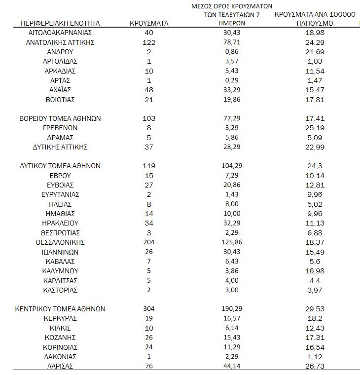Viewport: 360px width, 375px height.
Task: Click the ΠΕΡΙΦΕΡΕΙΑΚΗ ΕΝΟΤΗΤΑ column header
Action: click(60, 23)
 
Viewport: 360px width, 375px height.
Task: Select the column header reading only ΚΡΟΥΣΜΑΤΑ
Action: click(149, 23)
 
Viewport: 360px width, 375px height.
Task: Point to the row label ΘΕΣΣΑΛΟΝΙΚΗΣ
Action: click(60, 242)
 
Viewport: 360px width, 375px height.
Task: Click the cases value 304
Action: click(148, 309)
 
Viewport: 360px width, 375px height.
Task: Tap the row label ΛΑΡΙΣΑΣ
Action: click(60, 366)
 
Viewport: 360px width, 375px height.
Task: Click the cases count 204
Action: click(148, 242)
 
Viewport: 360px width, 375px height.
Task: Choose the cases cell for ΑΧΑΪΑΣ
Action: click(148, 90)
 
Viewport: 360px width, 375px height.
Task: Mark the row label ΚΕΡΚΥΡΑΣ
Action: click(60, 318)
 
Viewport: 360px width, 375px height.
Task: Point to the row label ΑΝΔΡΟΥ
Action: click(60, 52)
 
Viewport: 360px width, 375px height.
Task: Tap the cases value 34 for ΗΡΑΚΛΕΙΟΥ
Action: click(148, 223)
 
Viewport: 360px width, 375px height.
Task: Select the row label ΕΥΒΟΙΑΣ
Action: click(60, 185)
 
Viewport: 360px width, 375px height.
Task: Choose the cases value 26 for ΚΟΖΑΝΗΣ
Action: click(148, 337)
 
